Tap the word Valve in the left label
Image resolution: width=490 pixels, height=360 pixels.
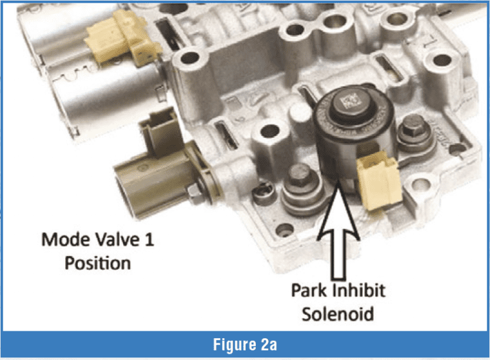tap(113, 241)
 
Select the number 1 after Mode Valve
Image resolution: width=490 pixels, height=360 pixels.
tap(149, 241)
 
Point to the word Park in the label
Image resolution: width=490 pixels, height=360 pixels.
tap(308, 290)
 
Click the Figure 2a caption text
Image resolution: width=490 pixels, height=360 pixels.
tap(244, 345)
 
